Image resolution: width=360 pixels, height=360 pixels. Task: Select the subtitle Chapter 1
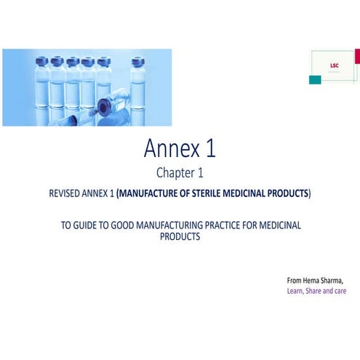click(180, 173)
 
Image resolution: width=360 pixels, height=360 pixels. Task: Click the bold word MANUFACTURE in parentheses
click(151, 193)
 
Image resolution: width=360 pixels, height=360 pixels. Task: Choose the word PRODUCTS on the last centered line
click(180, 237)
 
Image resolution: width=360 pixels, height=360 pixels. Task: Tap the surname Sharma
click(335, 280)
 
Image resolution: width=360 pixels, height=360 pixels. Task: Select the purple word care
click(339, 291)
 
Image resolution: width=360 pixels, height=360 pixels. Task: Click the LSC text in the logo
click(333, 65)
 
